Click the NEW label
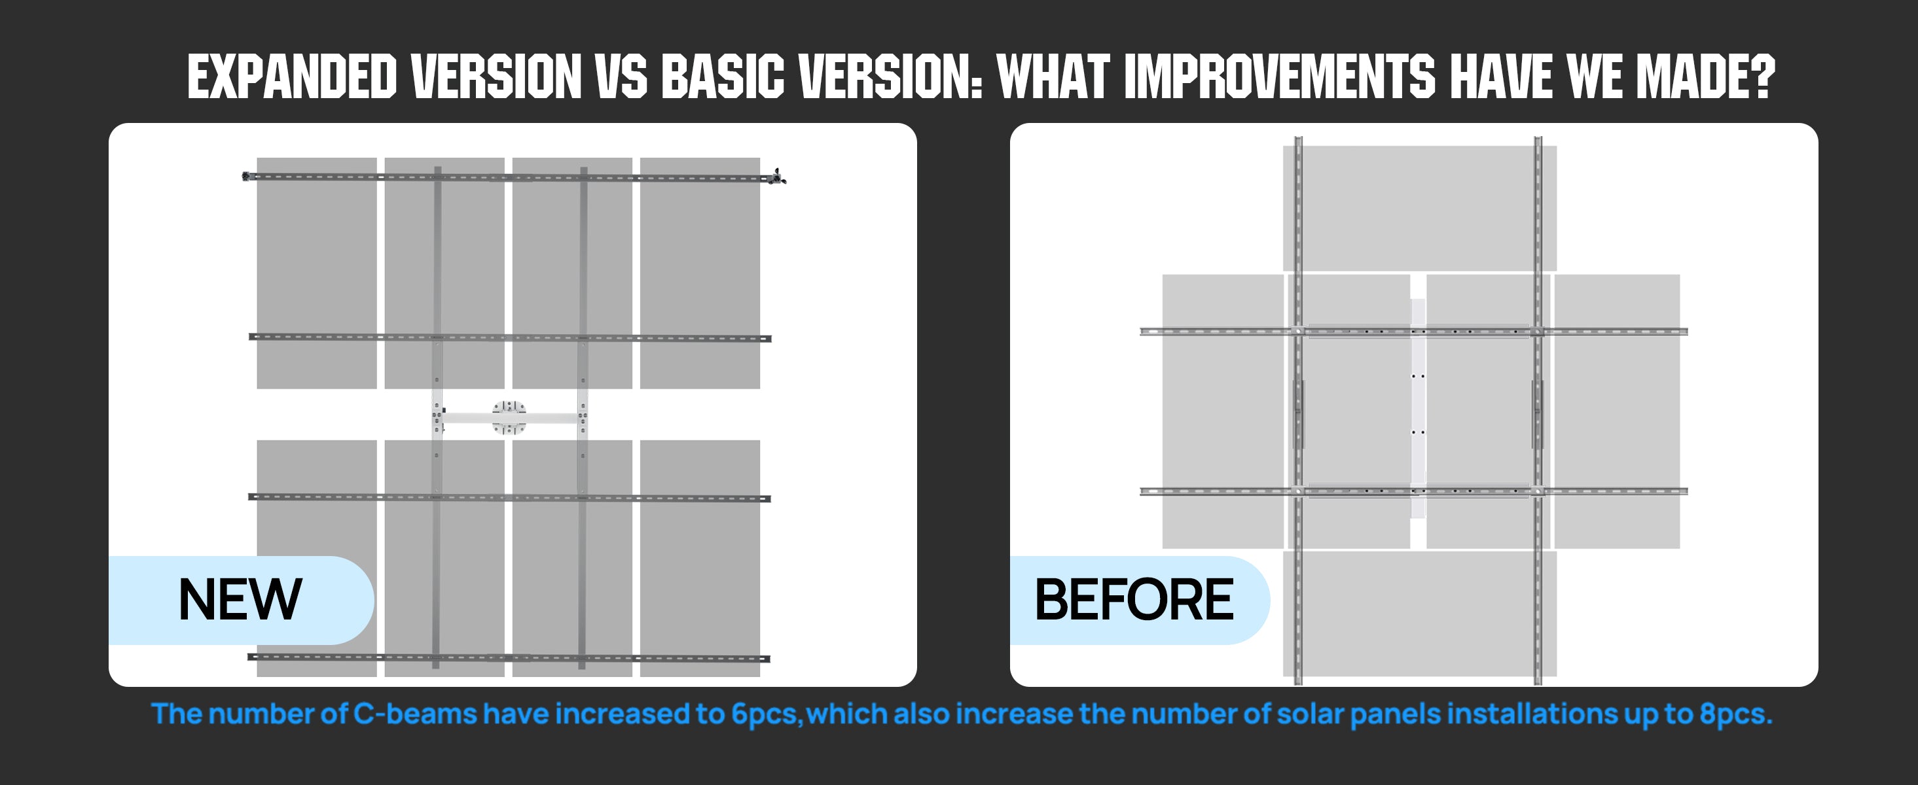[240, 600]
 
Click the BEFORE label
[1134, 600]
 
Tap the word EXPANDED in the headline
[292, 76]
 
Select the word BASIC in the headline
[722, 76]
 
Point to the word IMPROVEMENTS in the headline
[1279, 76]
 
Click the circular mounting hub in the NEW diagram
[509, 417]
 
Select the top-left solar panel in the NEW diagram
[316, 273]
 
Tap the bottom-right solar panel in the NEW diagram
[700, 558]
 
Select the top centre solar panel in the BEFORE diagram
[1419, 208]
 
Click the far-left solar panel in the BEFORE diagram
[1223, 411]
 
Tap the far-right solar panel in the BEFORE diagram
[1617, 411]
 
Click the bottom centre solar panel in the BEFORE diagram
[1419, 614]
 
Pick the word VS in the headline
[622, 76]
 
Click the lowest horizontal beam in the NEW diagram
[509, 657]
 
